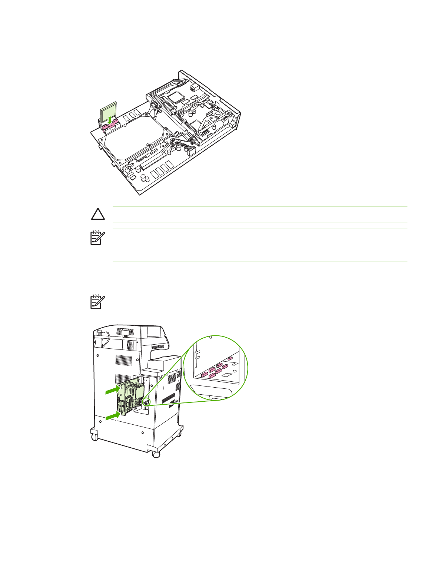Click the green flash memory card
[x=109, y=112]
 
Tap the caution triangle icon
[x=97, y=214]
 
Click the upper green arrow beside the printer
[x=112, y=390]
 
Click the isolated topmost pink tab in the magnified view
[x=230, y=358]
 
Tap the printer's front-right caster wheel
[x=156, y=454]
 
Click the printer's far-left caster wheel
[x=94, y=437]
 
